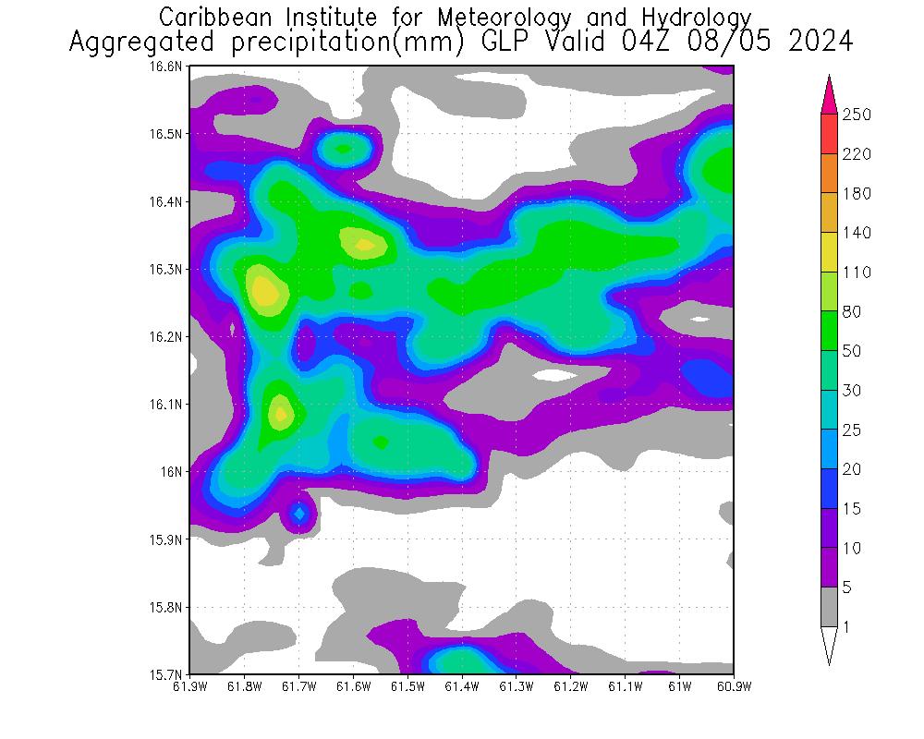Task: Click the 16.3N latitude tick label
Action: (x=171, y=269)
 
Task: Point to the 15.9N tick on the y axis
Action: (x=171, y=539)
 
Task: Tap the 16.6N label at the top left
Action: (x=171, y=67)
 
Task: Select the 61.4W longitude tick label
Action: (x=461, y=686)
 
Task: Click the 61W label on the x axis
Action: (x=679, y=686)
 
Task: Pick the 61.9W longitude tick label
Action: (x=189, y=686)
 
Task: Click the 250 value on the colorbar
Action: (x=857, y=115)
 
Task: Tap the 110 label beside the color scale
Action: (x=857, y=273)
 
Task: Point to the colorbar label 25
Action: (x=852, y=430)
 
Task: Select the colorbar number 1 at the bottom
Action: (x=846, y=627)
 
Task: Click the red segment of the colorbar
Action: (x=829, y=134)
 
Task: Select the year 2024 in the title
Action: (x=818, y=42)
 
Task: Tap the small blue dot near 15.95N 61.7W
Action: (x=299, y=512)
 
